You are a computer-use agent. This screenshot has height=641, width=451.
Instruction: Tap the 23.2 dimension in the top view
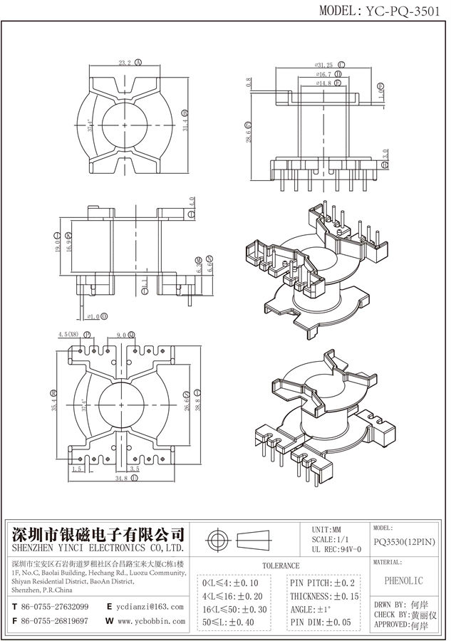(125, 63)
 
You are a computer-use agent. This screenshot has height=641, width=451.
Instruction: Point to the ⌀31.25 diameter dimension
(324, 65)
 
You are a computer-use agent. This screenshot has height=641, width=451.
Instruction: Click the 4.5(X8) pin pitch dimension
(69, 334)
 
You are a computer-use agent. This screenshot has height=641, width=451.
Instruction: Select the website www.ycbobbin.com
(150, 621)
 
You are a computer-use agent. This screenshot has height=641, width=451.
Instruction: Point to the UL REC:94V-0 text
(336, 549)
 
